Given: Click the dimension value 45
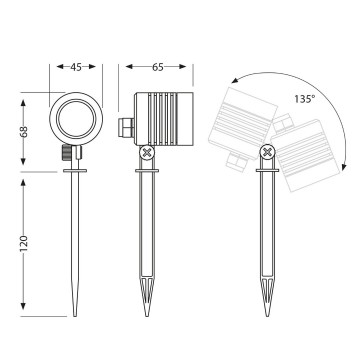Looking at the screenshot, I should [75, 69].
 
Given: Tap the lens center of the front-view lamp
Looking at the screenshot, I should [75, 117].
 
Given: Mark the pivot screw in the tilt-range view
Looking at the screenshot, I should [265, 153].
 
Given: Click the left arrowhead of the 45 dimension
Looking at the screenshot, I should [54, 69].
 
